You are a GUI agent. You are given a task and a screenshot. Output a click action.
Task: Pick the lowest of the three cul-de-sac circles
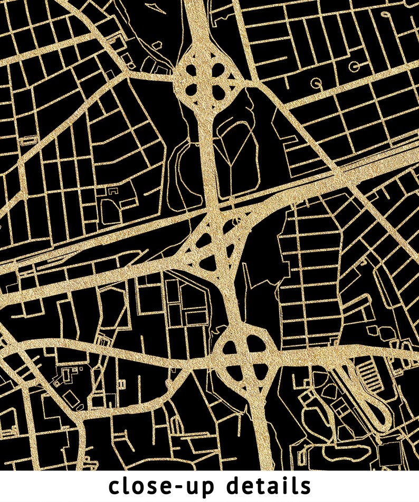[x=317, y=83]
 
